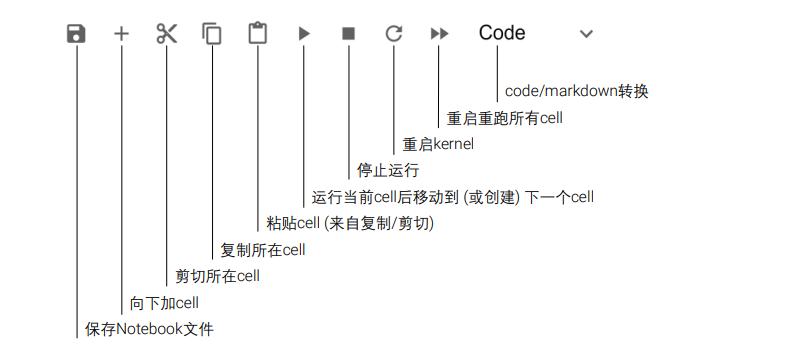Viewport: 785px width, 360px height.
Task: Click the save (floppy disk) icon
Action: (76, 34)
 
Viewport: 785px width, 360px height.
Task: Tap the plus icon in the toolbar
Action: (121, 34)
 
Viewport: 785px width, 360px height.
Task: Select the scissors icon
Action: (166, 34)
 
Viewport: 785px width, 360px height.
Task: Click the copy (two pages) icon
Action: (212, 34)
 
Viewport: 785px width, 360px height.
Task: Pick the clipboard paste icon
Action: (258, 34)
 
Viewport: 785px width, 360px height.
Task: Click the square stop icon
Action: (348, 34)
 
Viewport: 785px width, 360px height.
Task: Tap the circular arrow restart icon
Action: (393, 34)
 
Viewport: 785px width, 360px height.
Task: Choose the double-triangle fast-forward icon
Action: (439, 34)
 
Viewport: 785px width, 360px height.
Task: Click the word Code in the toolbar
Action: (502, 33)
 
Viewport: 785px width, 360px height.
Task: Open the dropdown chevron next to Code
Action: (586, 34)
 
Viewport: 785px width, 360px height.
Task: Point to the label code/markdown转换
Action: (576, 91)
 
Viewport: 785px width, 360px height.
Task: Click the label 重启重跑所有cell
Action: (505, 118)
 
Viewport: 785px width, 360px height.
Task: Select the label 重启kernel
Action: (437, 144)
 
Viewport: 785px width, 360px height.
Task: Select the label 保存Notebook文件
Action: (149, 329)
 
